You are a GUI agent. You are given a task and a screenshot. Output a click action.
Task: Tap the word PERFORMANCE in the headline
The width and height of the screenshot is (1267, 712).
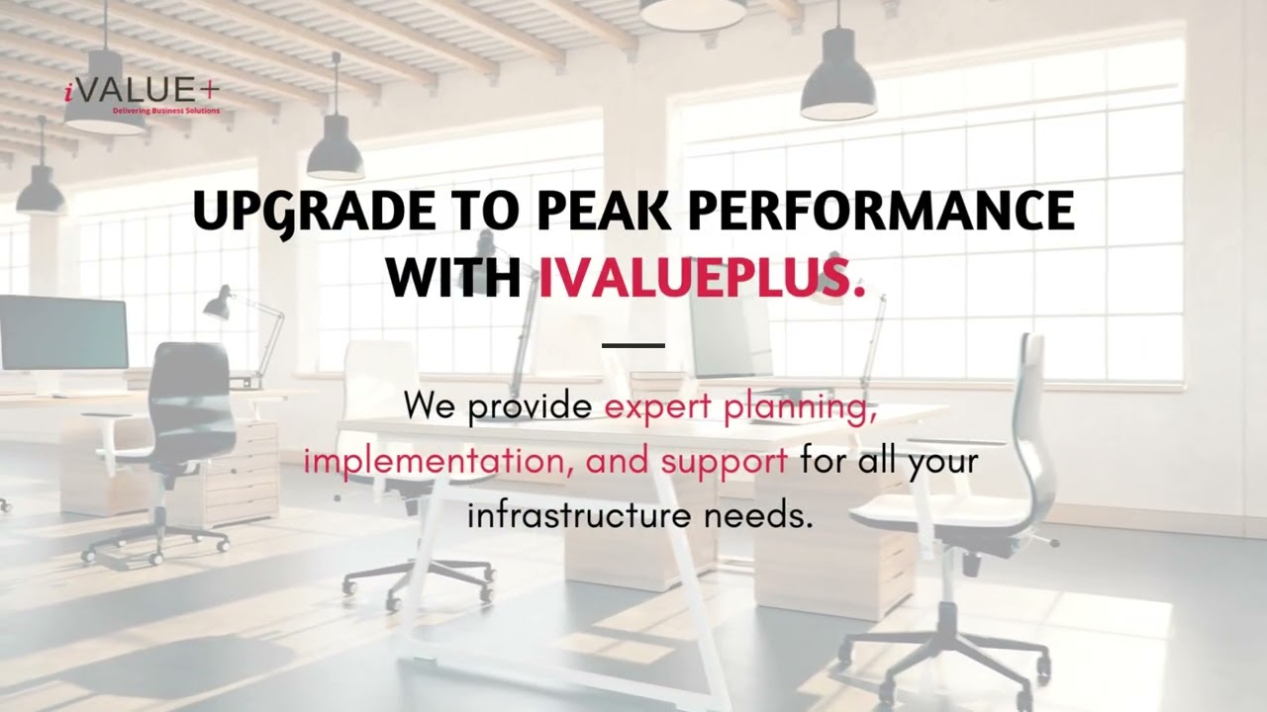pyautogui.click(x=880, y=211)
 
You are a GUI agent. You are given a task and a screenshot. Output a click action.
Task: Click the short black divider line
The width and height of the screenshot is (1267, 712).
pyautogui.click(x=633, y=345)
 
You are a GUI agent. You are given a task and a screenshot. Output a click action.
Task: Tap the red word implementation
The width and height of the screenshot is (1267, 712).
pyautogui.click(x=436, y=461)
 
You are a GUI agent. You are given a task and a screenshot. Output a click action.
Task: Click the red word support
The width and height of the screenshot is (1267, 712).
pyautogui.click(x=725, y=461)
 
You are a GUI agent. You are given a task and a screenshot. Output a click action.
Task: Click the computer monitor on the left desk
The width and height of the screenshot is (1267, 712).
pyautogui.click(x=63, y=332)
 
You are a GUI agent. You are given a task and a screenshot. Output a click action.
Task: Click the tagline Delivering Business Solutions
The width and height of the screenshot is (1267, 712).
pyautogui.click(x=166, y=111)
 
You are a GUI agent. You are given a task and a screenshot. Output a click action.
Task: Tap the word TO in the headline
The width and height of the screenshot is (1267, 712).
pyautogui.click(x=485, y=211)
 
